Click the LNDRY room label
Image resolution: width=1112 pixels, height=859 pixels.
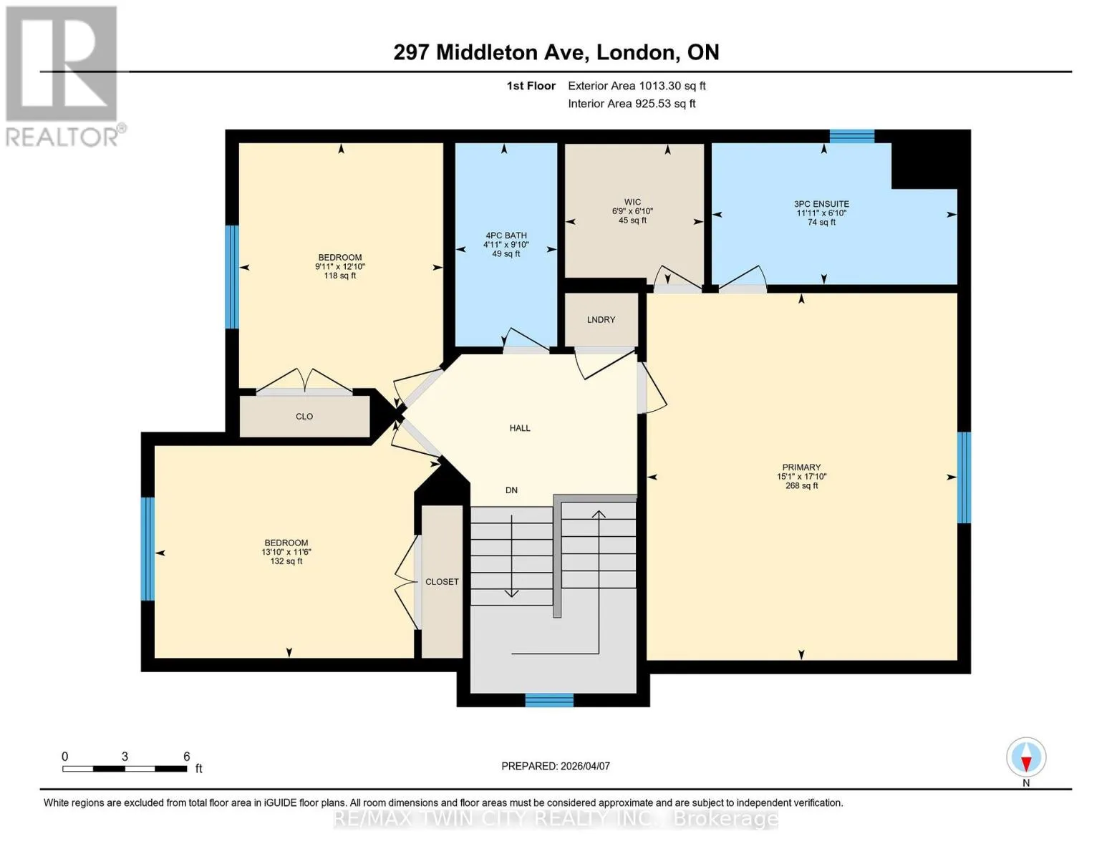click(x=601, y=320)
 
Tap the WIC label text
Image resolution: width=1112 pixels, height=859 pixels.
click(x=632, y=202)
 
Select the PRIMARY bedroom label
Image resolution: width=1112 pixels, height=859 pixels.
click(x=801, y=467)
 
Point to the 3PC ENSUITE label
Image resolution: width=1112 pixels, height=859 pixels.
click(x=821, y=203)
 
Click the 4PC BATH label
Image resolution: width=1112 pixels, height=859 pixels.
click(x=506, y=236)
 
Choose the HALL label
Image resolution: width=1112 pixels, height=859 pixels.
click(x=520, y=428)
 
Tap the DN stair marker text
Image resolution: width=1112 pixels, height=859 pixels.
click(x=511, y=490)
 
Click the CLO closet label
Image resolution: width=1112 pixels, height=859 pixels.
click(x=304, y=417)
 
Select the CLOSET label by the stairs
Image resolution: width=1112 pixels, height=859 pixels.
click(x=442, y=582)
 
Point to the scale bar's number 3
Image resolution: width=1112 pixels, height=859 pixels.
click(x=125, y=757)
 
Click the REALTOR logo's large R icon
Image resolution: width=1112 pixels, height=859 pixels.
click(x=62, y=64)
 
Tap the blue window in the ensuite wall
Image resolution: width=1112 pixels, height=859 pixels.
click(x=852, y=136)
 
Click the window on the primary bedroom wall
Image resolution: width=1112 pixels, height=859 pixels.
click(x=964, y=478)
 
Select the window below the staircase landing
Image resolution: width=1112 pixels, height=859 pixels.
click(x=550, y=700)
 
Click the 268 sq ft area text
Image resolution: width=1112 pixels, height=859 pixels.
click(x=802, y=485)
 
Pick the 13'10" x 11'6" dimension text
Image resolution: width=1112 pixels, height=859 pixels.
click(x=286, y=552)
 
